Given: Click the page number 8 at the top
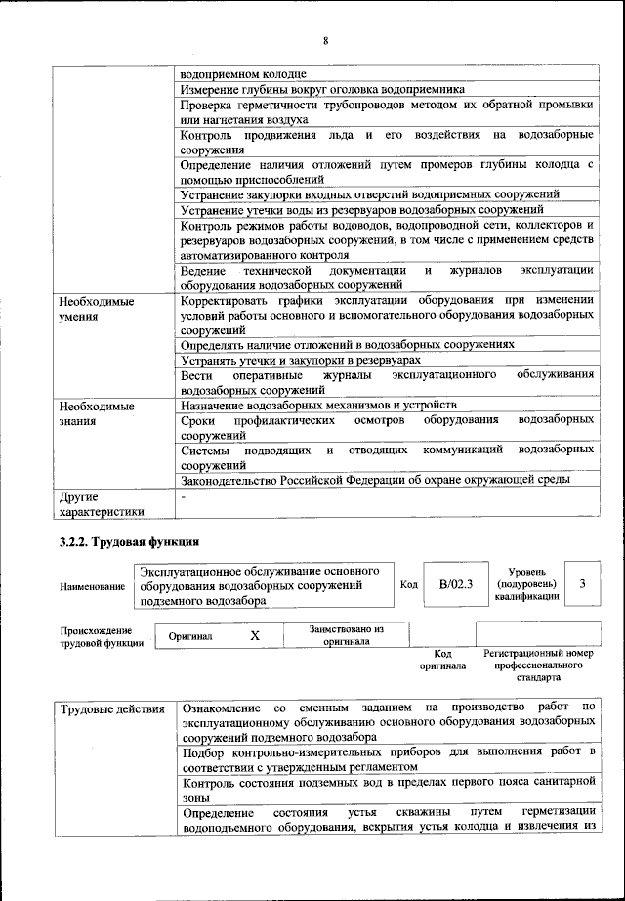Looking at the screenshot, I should pos(324,40).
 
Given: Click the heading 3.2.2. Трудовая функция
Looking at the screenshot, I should pos(130,540).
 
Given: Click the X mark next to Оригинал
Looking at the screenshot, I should pos(255,635).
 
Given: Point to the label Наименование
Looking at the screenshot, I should pos(93,585).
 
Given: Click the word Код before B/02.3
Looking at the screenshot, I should pos(409,584).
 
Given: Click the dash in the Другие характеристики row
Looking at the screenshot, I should pos(184,496).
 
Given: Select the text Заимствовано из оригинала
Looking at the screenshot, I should pos(347,635).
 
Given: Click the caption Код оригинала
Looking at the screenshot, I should pos(442,660).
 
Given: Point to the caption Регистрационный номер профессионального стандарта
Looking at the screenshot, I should pos(538,665).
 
